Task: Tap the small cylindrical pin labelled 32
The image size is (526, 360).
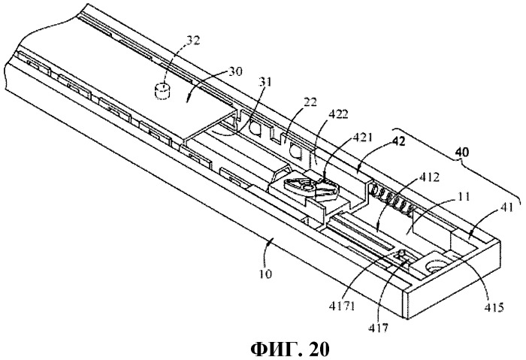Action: [x=161, y=92]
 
